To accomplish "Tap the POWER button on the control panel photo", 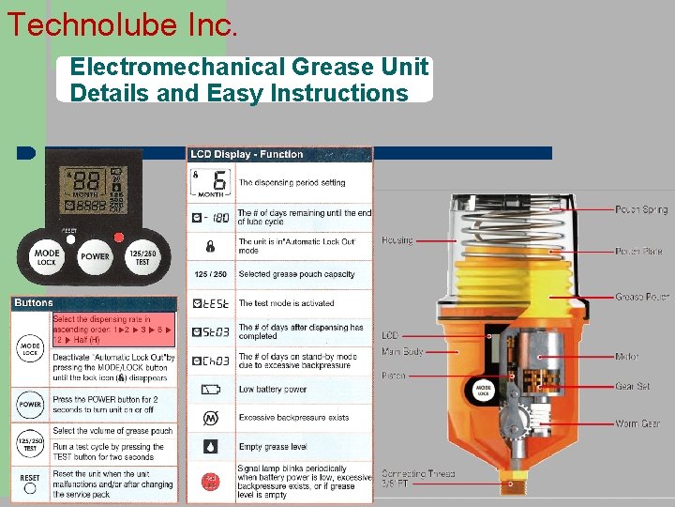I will [x=95, y=255].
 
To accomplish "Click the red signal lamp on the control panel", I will [x=119, y=237].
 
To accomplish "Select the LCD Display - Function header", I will [x=247, y=154].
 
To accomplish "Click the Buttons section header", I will [x=34, y=303].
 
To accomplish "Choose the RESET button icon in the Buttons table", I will [x=30, y=479].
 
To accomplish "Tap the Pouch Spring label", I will [x=641, y=209].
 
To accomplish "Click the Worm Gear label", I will [x=637, y=423].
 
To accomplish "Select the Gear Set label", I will [x=632, y=386].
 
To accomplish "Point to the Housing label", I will [x=397, y=240].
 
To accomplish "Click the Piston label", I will [x=394, y=376].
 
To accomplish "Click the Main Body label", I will [x=402, y=351].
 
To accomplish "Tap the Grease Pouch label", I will [x=641, y=297].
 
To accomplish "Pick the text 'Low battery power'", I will [x=272, y=389].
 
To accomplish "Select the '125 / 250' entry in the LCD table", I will [x=210, y=274].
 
